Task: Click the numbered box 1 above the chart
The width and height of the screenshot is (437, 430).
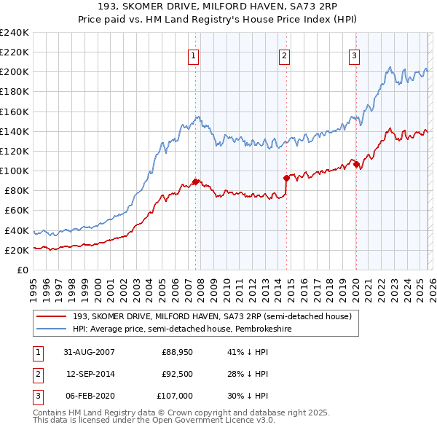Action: coord(194,55)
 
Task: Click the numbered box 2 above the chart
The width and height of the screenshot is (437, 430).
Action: coord(284,55)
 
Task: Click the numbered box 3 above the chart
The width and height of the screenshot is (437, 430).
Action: coord(354,55)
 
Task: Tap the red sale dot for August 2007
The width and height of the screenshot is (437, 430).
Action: coord(195,181)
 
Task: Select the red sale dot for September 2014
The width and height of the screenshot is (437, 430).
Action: coord(286,178)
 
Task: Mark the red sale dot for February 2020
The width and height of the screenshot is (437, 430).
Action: coord(356,164)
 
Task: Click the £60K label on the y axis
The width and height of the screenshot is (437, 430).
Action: coord(16,211)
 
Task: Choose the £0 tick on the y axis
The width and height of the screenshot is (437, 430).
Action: coord(21,270)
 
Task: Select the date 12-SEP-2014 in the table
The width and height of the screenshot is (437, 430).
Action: coord(90,375)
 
